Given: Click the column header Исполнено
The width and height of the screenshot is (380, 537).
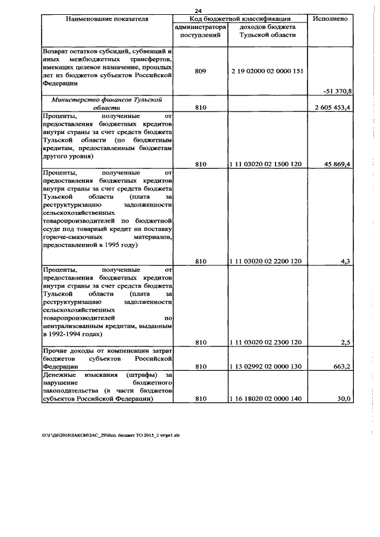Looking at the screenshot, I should (x=330, y=19).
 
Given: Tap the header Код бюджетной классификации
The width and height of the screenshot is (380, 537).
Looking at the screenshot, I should (x=240, y=19).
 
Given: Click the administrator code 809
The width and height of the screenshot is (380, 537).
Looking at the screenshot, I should (x=200, y=71).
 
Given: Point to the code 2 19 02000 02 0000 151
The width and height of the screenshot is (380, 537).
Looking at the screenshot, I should (x=266, y=71).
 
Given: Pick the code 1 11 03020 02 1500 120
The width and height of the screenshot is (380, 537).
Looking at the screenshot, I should (x=265, y=164).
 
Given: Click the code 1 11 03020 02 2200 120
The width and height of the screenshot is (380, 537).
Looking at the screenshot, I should (x=265, y=260).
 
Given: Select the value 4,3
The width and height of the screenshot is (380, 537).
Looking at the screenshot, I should (x=345, y=260).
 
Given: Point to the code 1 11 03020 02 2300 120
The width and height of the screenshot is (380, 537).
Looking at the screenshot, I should (x=265, y=342).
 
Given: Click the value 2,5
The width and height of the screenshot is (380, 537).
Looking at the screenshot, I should (x=345, y=342).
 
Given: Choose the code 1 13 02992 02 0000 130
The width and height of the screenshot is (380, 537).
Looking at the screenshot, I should (x=265, y=366).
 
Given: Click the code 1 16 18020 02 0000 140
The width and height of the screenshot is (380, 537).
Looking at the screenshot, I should (x=265, y=399).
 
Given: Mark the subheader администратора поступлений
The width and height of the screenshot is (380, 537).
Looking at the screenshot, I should (x=200, y=31).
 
